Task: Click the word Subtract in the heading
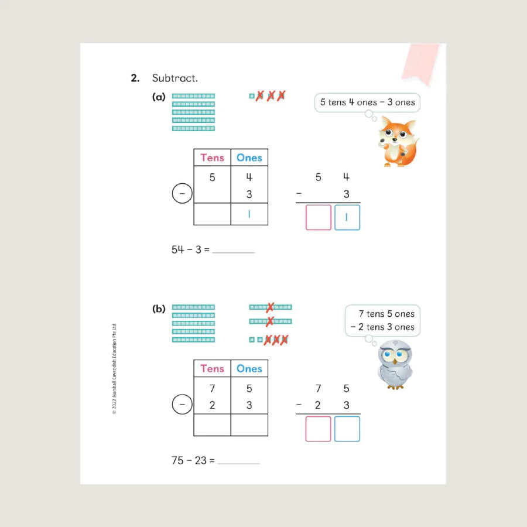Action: pos(174,78)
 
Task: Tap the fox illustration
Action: pos(398,142)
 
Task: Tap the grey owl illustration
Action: pos(395,365)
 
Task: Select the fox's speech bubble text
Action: pos(367,102)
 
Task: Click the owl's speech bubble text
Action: pos(383,320)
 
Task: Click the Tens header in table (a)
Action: pos(212,158)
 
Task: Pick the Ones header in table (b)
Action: pos(249,369)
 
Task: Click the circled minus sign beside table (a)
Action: pos(182,193)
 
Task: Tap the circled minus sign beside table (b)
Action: pos(182,404)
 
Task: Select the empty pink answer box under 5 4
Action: pos(319,217)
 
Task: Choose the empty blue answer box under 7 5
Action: pos(347,429)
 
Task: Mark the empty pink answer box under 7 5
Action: pos(319,429)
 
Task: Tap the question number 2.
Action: pos(135,78)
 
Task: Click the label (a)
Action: pos(159,97)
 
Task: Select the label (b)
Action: pos(159,309)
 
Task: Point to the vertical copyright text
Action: pos(114,369)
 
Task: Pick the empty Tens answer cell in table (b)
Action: pos(212,425)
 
